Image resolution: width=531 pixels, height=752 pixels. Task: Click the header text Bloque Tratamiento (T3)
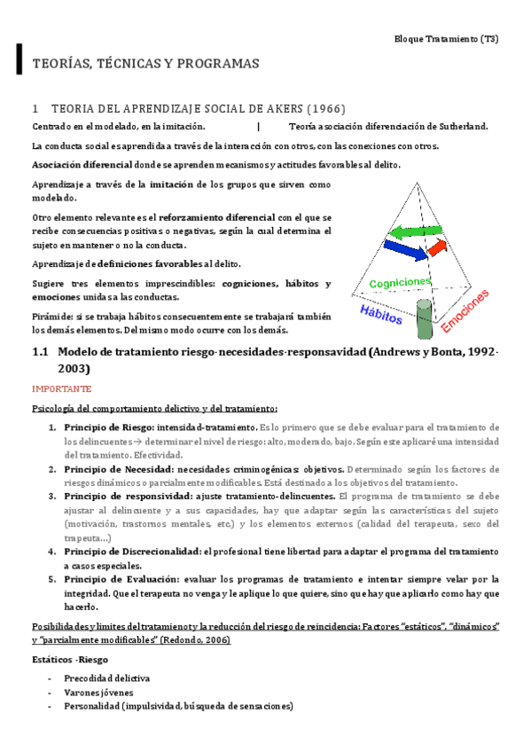pyautogui.click(x=451, y=40)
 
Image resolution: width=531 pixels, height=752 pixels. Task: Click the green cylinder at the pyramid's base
pyautogui.click(x=424, y=316)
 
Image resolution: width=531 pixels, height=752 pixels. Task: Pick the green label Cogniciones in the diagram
pyautogui.click(x=400, y=282)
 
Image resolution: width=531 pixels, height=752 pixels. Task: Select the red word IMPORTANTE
pyautogui.click(x=61, y=388)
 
